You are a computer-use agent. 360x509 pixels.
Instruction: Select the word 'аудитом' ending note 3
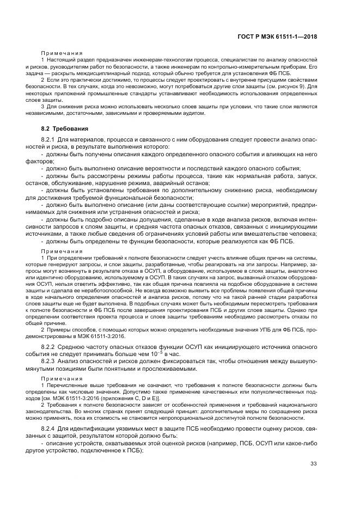pos(193,113)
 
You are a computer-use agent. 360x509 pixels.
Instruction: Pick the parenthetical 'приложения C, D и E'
pos(123,398)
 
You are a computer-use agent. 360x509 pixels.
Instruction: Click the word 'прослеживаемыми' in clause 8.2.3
pos(183,369)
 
